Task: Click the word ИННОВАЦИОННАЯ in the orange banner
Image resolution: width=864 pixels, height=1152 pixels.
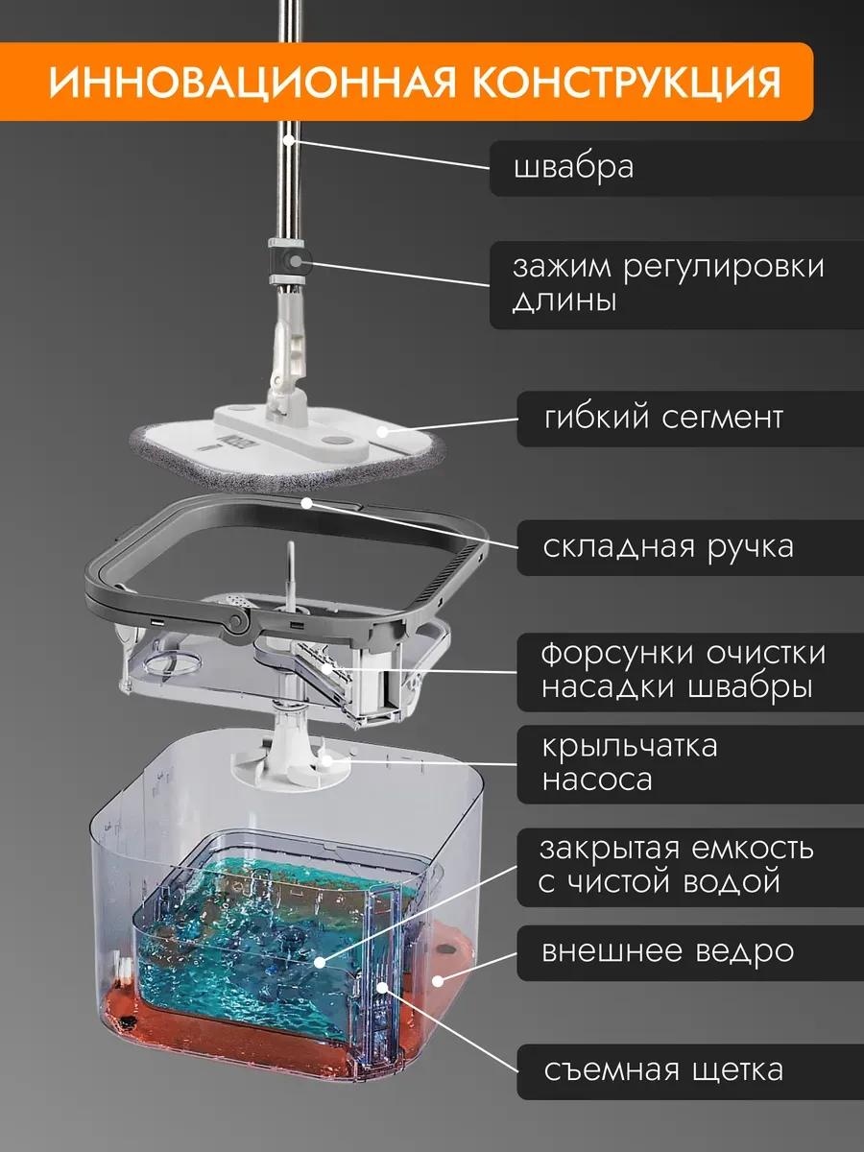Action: click(252, 82)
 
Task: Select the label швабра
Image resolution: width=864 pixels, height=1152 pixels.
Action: click(573, 168)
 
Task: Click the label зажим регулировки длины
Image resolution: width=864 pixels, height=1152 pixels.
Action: click(668, 283)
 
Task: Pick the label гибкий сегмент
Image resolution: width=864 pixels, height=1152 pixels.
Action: click(663, 418)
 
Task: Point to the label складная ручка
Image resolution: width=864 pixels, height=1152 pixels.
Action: click(668, 547)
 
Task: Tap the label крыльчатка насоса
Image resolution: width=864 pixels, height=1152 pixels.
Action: click(629, 762)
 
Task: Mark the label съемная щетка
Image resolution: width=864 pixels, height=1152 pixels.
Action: click(663, 1070)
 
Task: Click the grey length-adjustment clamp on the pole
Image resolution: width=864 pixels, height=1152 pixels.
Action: click(290, 261)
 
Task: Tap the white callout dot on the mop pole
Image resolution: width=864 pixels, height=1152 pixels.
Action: click(288, 141)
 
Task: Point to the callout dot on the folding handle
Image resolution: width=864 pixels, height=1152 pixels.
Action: click(307, 503)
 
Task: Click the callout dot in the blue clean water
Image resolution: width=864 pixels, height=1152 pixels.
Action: click(320, 963)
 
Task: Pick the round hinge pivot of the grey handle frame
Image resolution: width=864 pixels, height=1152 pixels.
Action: click(238, 621)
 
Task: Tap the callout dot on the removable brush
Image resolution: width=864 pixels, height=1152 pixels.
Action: click(382, 987)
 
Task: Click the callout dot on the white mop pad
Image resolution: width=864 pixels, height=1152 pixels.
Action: click(383, 432)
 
